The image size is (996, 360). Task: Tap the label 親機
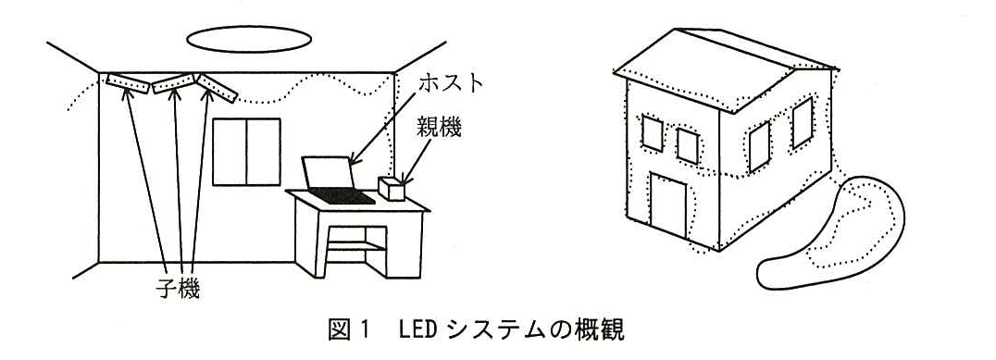point(438,128)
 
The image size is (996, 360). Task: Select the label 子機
point(177,289)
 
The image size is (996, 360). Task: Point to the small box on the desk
point(392,188)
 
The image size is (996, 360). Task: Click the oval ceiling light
point(249,40)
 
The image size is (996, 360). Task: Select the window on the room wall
point(246,152)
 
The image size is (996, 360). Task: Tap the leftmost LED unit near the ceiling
point(128,84)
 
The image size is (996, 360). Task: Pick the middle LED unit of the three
point(173,83)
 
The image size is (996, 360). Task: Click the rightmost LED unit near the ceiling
point(217,88)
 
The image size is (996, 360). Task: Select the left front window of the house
point(652,132)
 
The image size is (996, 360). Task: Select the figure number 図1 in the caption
point(349,329)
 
